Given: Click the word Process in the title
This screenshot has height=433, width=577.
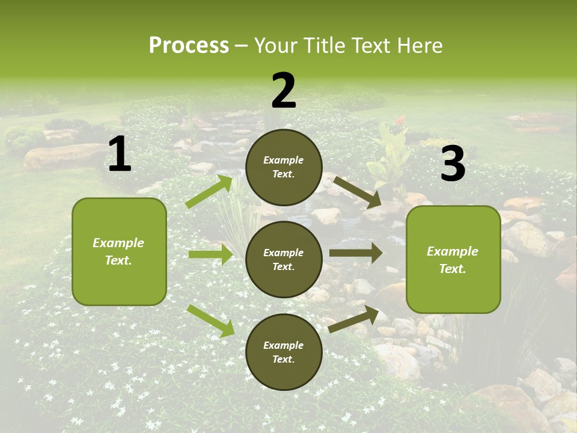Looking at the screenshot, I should [x=189, y=46].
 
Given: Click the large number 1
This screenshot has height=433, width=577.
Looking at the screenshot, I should [x=120, y=155].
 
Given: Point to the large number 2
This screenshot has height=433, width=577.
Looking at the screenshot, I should [x=284, y=91].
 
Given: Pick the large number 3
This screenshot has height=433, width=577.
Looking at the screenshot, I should [x=453, y=164].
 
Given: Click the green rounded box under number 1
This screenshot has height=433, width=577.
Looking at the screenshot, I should [x=119, y=251].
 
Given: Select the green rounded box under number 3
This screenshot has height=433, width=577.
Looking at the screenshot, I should [x=453, y=259].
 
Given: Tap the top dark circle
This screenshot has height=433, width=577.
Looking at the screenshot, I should [x=284, y=167].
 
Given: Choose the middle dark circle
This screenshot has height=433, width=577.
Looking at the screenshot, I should [x=284, y=259].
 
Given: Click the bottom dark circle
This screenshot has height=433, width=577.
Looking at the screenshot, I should [x=284, y=352].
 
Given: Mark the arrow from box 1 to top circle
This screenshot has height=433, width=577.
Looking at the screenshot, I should [x=210, y=192].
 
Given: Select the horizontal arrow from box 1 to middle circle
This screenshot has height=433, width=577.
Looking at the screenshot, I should [x=211, y=254].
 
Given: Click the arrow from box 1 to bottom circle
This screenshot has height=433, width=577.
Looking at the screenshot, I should [x=211, y=321].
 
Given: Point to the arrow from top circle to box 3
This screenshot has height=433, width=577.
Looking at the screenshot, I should [x=358, y=192].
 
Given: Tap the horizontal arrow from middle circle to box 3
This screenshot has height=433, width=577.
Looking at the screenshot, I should [x=355, y=253].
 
